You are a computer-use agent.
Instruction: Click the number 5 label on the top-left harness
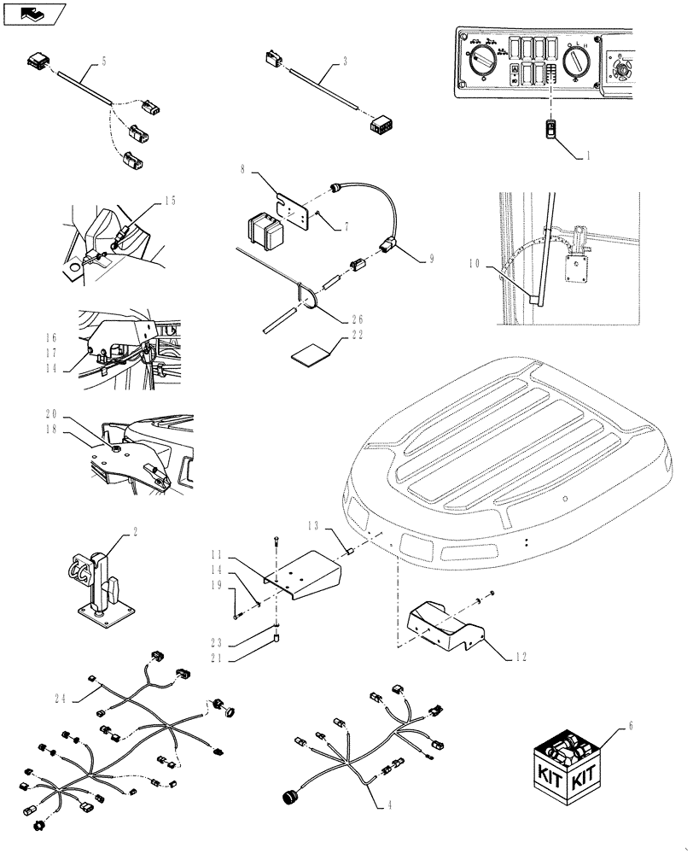(104, 61)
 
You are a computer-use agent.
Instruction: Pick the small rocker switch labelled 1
(550, 131)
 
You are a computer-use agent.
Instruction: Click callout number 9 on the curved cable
(432, 258)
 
